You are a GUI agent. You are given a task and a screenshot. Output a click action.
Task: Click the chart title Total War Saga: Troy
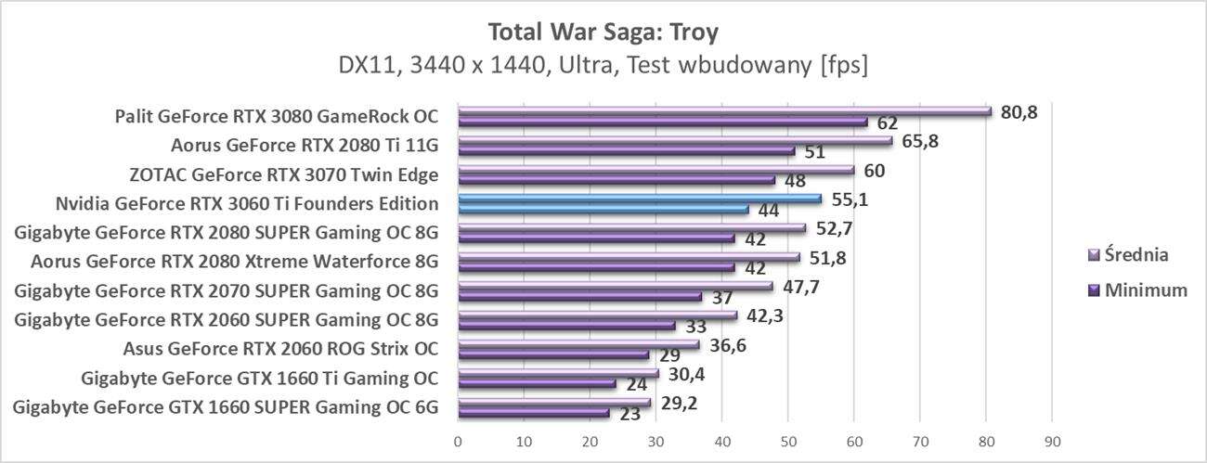coord(603,32)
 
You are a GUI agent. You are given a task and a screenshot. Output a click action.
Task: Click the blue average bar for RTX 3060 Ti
coord(640,199)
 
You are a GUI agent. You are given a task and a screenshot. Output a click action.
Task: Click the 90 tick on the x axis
coord(1052,439)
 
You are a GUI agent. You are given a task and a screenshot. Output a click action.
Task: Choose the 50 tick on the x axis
coord(788,439)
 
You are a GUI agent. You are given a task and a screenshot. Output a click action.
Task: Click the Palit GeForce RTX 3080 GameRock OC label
coord(276,117)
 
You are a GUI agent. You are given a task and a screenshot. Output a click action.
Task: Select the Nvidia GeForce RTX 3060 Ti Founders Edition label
coord(246,203)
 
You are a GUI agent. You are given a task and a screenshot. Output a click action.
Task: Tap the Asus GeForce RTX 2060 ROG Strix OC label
coord(280,349)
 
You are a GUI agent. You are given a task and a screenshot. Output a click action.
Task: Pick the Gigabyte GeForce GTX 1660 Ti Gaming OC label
coord(260,378)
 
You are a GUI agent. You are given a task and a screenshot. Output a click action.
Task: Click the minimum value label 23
coord(629,414)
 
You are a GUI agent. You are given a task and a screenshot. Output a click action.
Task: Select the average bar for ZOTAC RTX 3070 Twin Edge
coord(655,170)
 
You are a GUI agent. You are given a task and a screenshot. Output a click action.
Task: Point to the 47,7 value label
coord(800,285)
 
